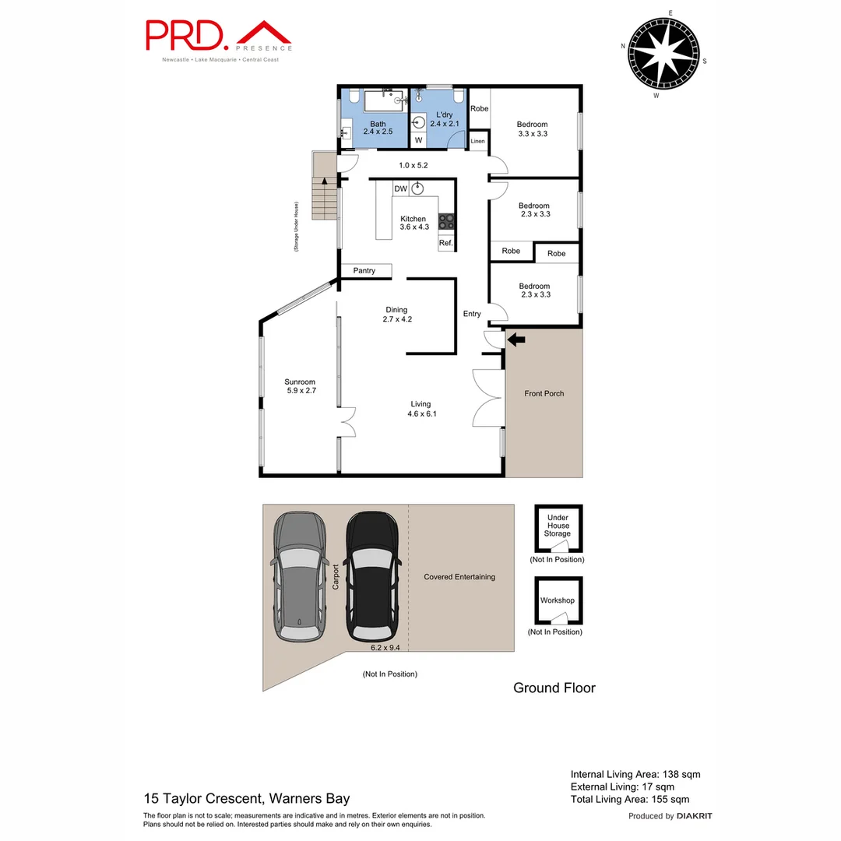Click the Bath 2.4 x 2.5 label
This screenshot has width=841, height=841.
point(378,128)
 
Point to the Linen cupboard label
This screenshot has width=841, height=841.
point(477,141)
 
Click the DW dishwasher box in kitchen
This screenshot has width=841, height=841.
point(401,188)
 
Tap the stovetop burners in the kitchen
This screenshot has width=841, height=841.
point(446,221)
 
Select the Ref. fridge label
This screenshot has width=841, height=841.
point(445,244)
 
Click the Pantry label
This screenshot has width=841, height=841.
point(364,271)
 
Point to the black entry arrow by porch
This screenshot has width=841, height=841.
point(516,339)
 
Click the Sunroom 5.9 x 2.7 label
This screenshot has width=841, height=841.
point(300,386)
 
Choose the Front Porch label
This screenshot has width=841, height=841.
point(544,394)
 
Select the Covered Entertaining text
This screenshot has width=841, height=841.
point(459,577)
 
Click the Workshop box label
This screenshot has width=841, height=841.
point(558,600)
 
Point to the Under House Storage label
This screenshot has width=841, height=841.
point(558,526)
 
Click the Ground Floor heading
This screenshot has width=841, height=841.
point(554,688)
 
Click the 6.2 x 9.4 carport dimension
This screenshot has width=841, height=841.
point(385,646)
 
